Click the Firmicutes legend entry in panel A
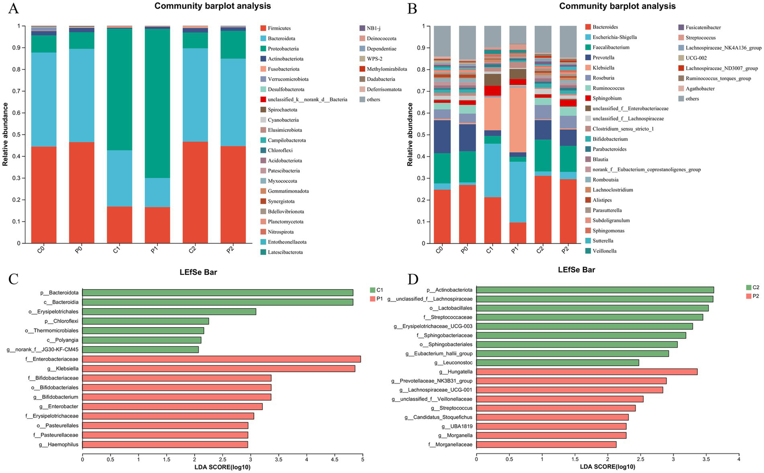coord(279,28)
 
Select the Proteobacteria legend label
coord(283,49)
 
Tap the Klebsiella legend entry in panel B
coord(603,68)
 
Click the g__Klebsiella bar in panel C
coord(218,368)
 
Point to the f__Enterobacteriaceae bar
coord(221,359)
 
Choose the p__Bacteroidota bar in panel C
coord(218,293)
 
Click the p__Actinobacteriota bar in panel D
coord(595,290)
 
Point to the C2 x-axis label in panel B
coord(540,250)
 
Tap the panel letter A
coord(13,8)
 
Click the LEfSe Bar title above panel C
coord(198,272)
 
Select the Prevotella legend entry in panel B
coord(603,58)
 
